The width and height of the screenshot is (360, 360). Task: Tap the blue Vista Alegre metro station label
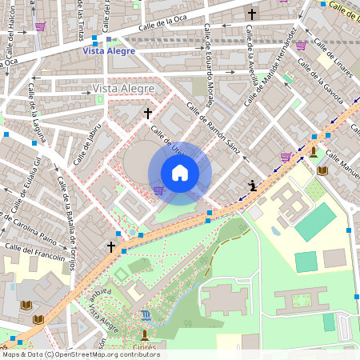(110, 50)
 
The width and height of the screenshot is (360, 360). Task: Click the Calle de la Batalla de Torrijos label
(66, 222)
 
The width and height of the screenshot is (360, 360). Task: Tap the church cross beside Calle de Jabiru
(147, 114)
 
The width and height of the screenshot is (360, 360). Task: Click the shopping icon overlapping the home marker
(158, 190)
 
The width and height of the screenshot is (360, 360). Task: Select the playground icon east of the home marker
(253, 186)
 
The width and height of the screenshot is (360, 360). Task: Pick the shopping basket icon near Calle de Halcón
(40, 26)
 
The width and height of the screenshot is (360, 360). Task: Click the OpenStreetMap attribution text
(80, 354)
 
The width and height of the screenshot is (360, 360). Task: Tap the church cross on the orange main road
(112, 247)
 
